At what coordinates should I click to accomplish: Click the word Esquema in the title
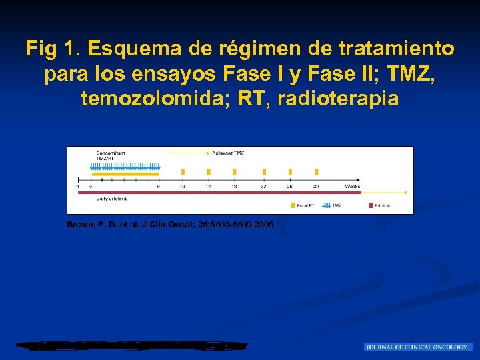tap(129, 49)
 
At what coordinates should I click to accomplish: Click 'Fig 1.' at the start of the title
tap(53, 49)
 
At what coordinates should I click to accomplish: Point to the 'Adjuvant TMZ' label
tap(228, 153)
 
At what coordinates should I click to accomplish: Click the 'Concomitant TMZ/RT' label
tap(110, 155)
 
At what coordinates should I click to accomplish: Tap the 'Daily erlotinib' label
tap(111, 198)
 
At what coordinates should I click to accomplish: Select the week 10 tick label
tap(182, 187)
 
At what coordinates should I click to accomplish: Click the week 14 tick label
tap(208, 187)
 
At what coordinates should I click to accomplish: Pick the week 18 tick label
tap(234, 187)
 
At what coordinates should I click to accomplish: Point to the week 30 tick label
tap(316, 187)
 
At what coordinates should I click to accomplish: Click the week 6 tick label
tap(158, 187)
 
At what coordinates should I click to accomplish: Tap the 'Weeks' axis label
tap(352, 187)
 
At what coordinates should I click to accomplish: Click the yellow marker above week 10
tap(183, 173)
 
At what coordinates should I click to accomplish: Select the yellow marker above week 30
tap(316, 173)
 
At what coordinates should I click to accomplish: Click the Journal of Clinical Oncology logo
tap(418, 347)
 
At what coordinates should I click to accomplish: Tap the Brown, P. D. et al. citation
tap(170, 224)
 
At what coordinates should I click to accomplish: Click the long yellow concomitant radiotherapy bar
tap(125, 173)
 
